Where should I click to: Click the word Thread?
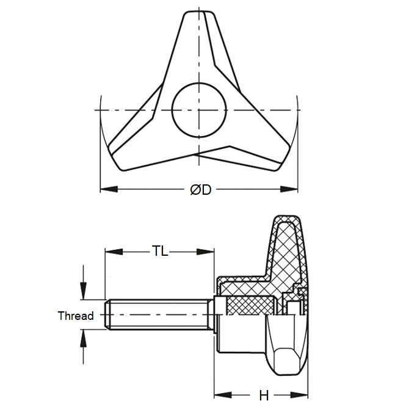(76, 316)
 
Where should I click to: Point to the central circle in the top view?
(199, 109)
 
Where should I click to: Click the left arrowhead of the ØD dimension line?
(105, 189)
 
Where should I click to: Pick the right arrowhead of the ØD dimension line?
(293, 189)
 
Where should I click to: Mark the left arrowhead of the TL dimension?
(111, 251)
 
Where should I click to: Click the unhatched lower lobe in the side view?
(287, 348)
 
